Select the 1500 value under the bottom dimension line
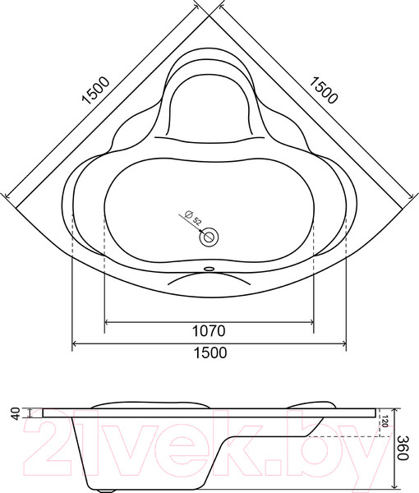209,352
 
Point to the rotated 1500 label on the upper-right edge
325,88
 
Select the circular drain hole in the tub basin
210,237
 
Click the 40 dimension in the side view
13,414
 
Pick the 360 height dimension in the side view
403,447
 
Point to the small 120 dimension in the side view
383,423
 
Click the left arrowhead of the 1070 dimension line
108,320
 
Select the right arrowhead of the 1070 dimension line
311,320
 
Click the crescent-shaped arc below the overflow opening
210,278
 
